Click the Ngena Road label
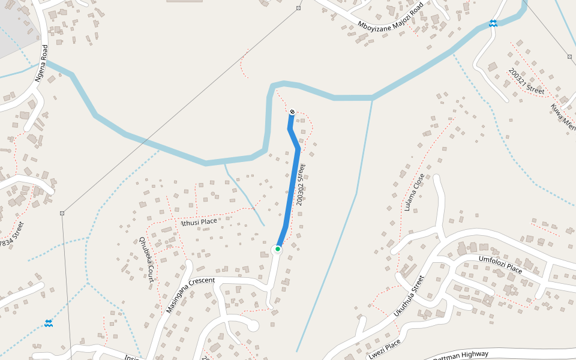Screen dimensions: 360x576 coord(41,64)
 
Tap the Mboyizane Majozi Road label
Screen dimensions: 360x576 coord(390,16)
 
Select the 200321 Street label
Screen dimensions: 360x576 coord(526,82)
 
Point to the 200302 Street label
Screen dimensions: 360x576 coord(301,185)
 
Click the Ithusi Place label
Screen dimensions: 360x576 coord(199,222)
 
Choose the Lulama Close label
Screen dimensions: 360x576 coord(414,193)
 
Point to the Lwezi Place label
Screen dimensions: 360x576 coord(384,350)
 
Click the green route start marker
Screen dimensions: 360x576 coord(277,249)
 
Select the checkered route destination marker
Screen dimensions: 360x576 coord(292,112)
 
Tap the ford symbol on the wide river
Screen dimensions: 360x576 coord(493,23)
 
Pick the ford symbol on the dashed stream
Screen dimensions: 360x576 coord(49,323)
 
